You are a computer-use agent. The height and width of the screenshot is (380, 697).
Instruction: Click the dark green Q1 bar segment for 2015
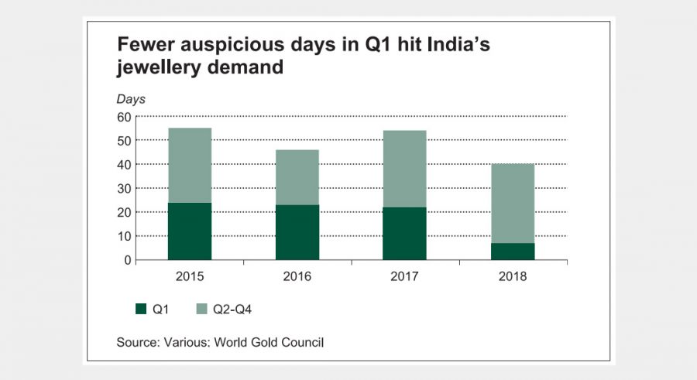[190, 231]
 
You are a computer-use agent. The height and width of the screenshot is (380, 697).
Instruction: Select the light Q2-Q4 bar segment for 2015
[190, 165]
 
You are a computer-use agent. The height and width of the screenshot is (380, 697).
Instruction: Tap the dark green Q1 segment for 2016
[297, 231]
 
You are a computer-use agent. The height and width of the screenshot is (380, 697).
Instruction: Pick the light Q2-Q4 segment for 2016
[297, 176]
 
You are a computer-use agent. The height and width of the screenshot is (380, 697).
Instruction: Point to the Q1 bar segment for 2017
[404, 233]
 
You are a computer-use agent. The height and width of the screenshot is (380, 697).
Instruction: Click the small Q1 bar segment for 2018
[512, 251]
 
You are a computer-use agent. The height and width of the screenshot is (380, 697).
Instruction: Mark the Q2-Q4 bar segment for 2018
[512, 203]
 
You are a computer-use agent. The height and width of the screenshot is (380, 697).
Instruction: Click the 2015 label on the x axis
[190, 276]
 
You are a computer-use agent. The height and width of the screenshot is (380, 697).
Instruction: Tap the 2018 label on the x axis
[512, 276]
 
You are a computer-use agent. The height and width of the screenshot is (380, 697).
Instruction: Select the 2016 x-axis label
[297, 276]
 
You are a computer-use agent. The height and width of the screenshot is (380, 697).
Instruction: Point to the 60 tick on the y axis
[123, 117]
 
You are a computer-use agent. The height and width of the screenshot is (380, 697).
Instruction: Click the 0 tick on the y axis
[127, 260]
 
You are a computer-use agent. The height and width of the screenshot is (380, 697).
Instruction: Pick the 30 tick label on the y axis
[123, 188]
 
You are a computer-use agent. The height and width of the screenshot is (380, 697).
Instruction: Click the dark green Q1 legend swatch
[141, 309]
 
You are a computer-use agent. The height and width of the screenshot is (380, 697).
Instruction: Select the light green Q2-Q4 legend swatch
[203, 309]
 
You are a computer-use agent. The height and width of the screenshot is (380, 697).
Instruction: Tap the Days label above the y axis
[131, 98]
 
